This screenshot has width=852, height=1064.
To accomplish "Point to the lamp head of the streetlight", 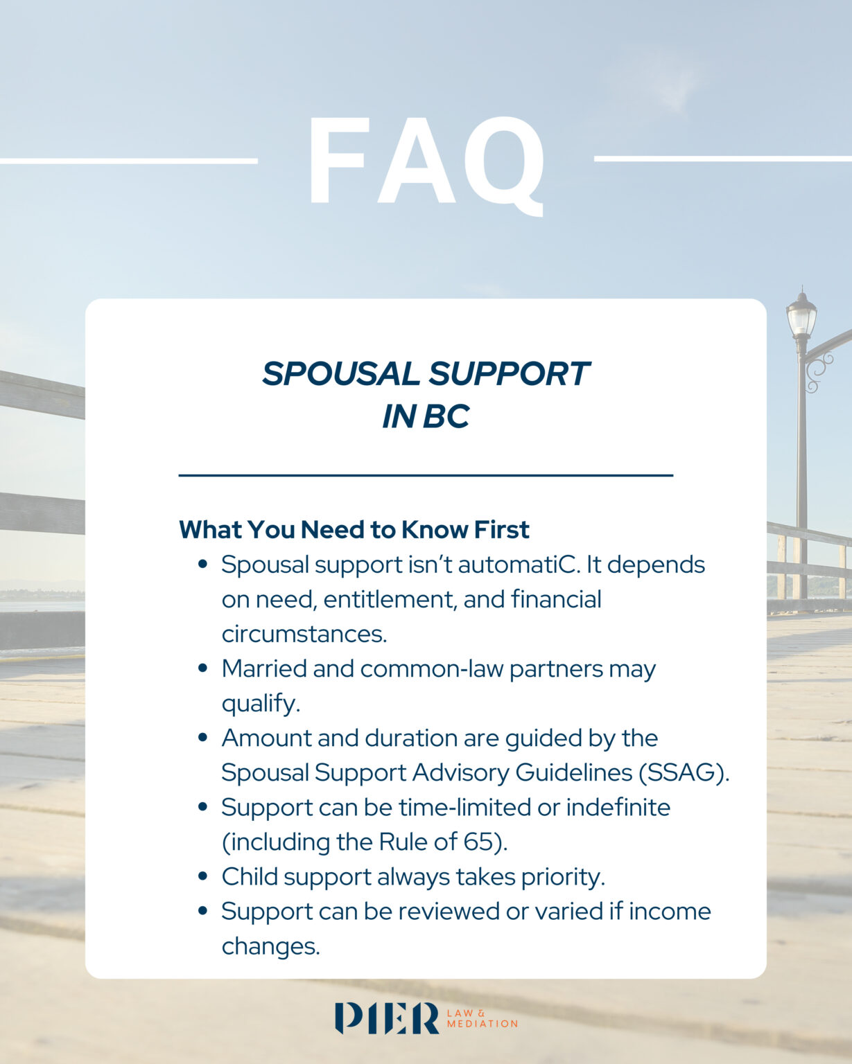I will (801, 316).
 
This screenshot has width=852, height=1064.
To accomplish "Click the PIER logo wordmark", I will (387, 1018).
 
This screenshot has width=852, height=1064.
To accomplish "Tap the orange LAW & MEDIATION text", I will (482, 1018).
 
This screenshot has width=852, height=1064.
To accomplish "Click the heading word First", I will (501, 529).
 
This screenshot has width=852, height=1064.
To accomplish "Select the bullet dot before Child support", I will (202, 876).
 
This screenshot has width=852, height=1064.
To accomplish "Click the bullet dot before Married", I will (202, 668).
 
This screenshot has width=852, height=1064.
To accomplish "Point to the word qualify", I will (260, 704).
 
